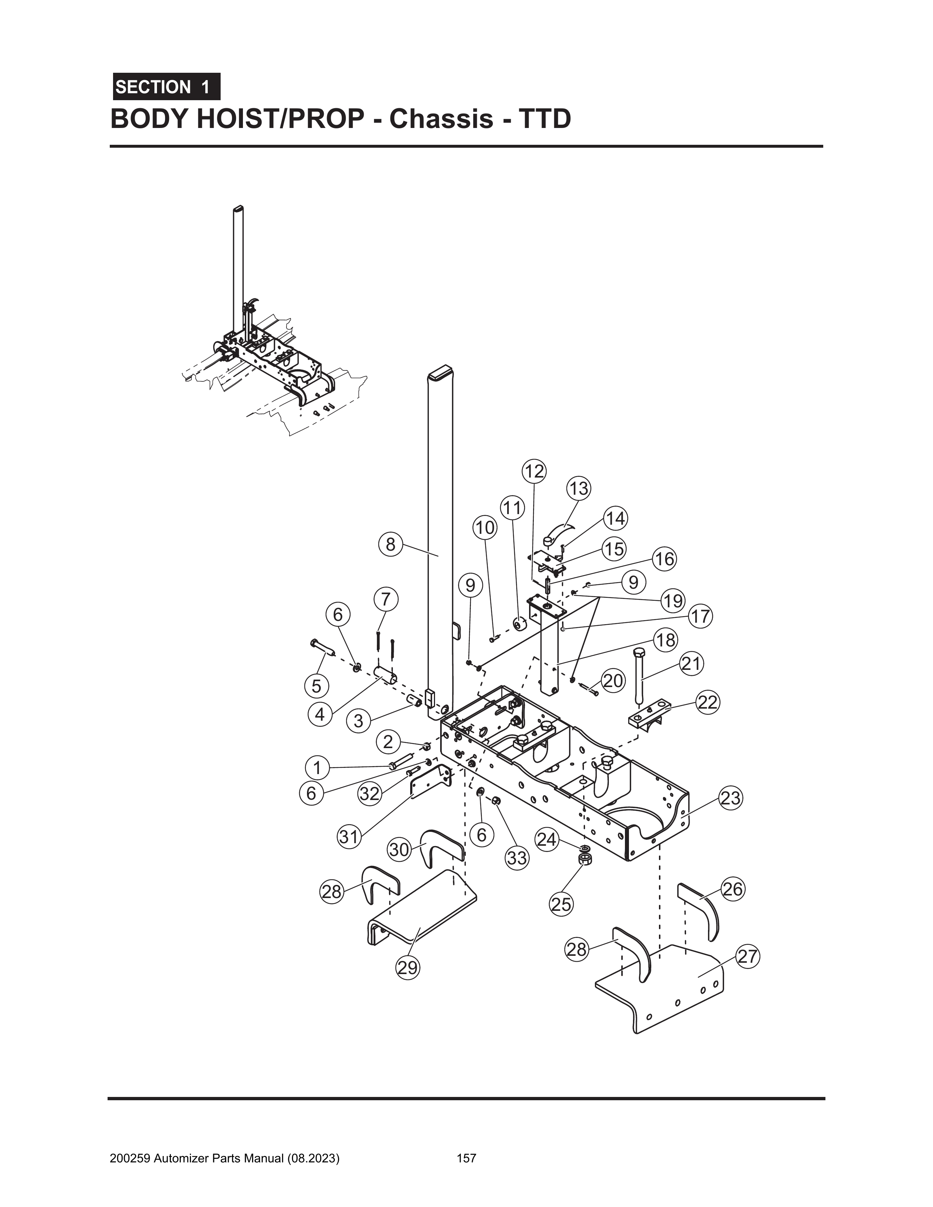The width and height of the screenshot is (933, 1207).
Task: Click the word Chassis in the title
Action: (441, 119)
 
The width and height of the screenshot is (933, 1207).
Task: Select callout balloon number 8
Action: (390, 544)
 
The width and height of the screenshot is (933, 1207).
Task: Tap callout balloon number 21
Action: (691, 663)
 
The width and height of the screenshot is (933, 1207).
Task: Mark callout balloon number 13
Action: (578, 489)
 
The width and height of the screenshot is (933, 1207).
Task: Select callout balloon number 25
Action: (561, 904)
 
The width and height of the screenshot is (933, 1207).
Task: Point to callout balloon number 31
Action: (349, 837)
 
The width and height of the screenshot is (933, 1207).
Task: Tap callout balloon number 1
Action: (317, 767)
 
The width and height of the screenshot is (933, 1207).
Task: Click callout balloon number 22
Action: (707, 702)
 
